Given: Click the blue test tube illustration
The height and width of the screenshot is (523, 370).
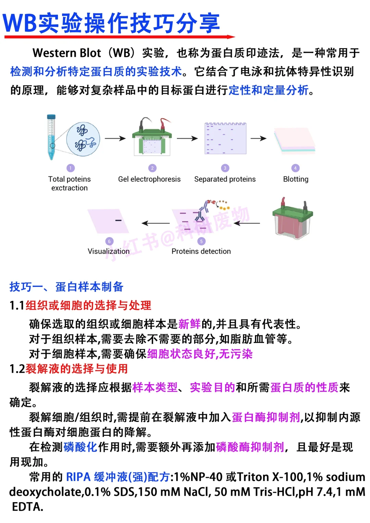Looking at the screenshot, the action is [51, 137].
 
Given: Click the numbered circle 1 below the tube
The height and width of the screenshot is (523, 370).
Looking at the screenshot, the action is [70, 168].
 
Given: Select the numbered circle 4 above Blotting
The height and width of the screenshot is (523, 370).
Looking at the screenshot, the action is [295, 168].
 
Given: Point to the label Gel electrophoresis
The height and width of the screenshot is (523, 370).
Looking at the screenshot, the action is [149, 179].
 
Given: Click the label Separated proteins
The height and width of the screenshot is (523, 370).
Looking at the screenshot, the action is [225, 179].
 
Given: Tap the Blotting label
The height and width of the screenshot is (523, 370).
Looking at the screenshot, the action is [296, 179].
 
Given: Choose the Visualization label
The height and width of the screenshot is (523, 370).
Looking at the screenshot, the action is [109, 251].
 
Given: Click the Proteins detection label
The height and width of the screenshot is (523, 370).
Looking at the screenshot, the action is [201, 251].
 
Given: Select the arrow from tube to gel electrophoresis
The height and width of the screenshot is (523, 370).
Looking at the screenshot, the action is [115, 138].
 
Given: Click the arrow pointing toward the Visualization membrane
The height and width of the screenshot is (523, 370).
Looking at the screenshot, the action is [156, 223].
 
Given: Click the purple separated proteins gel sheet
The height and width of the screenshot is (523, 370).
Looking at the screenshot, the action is [225, 138].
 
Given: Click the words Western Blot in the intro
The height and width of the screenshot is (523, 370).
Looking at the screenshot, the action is [67, 53].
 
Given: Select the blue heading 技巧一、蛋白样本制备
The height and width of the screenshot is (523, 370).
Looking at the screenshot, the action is [66, 287].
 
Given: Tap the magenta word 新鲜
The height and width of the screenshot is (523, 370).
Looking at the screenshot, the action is [189, 324].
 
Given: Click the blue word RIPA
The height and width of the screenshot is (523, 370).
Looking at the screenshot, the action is [78, 477].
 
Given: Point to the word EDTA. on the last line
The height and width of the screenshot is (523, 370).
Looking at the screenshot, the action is [27, 507].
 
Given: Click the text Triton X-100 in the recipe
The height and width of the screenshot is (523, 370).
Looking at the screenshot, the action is [270, 477].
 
